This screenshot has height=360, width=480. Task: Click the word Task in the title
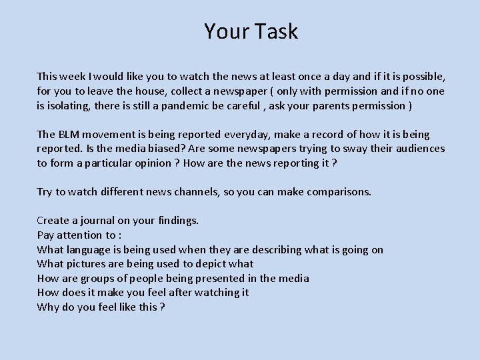275,31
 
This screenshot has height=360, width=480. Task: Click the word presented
213,279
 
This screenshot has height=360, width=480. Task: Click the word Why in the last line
48,307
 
